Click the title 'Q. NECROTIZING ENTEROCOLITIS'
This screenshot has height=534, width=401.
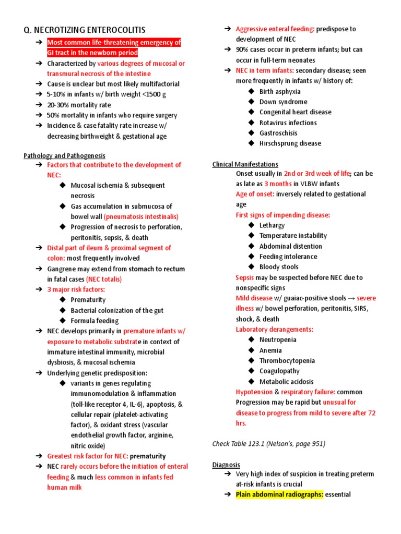tap(85, 30)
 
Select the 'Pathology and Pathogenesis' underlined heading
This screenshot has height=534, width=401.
tap(64, 155)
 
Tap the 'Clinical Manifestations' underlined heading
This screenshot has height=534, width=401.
tap(245, 164)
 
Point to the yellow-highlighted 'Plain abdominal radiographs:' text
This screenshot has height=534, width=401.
tap(279, 494)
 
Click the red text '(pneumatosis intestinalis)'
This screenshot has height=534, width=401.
tap(141, 216)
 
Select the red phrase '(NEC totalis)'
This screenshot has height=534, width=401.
tap(104, 279)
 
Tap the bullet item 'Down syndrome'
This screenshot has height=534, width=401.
tap(283, 102)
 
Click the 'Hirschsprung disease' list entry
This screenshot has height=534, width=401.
tap(290, 143)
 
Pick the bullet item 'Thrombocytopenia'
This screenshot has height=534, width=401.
tap(287, 360)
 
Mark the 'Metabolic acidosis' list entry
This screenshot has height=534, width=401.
tap(287, 382)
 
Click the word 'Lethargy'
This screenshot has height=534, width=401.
tap(272, 225)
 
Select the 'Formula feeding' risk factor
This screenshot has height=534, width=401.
tap(95, 321)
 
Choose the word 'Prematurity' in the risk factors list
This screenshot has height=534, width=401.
tap(88, 300)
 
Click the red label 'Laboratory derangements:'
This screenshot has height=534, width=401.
tap(275, 330)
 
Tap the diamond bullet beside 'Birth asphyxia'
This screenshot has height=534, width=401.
tap(251, 91)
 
